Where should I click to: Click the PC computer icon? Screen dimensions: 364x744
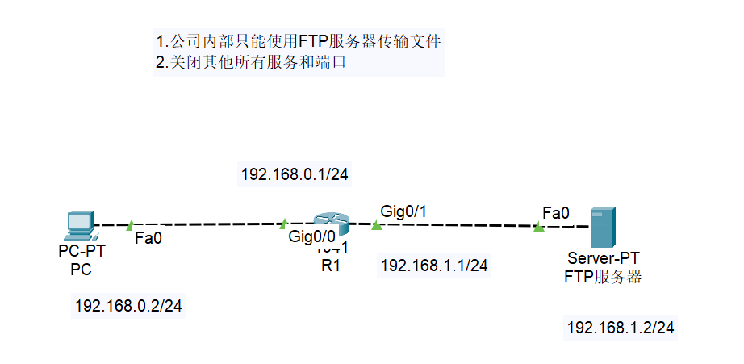[x=81, y=225]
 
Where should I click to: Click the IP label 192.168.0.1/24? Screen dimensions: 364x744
[x=295, y=174]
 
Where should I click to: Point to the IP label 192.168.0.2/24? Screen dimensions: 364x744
[x=128, y=306]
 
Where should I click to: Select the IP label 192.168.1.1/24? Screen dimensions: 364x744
[x=434, y=265]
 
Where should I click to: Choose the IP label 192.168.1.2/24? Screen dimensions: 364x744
[x=621, y=327]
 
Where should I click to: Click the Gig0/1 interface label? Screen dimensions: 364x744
[x=403, y=211]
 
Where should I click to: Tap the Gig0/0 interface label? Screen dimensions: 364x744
[x=311, y=237]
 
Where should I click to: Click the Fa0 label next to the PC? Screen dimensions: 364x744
[x=148, y=238]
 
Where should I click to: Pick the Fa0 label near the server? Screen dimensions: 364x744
[x=555, y=213]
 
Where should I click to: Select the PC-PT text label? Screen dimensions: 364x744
[x=82, y=253]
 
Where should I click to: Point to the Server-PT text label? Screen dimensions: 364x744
[x=604, y=258]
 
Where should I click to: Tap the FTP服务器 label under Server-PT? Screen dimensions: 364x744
[x=604, y=276]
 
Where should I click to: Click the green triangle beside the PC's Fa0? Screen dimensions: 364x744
[x=128, y=224]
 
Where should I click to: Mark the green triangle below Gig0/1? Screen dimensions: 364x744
[x=376, y=225]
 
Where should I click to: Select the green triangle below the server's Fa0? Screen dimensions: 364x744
[x=538, y=228]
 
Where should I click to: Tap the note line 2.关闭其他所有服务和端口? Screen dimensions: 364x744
[x=251, y=63]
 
